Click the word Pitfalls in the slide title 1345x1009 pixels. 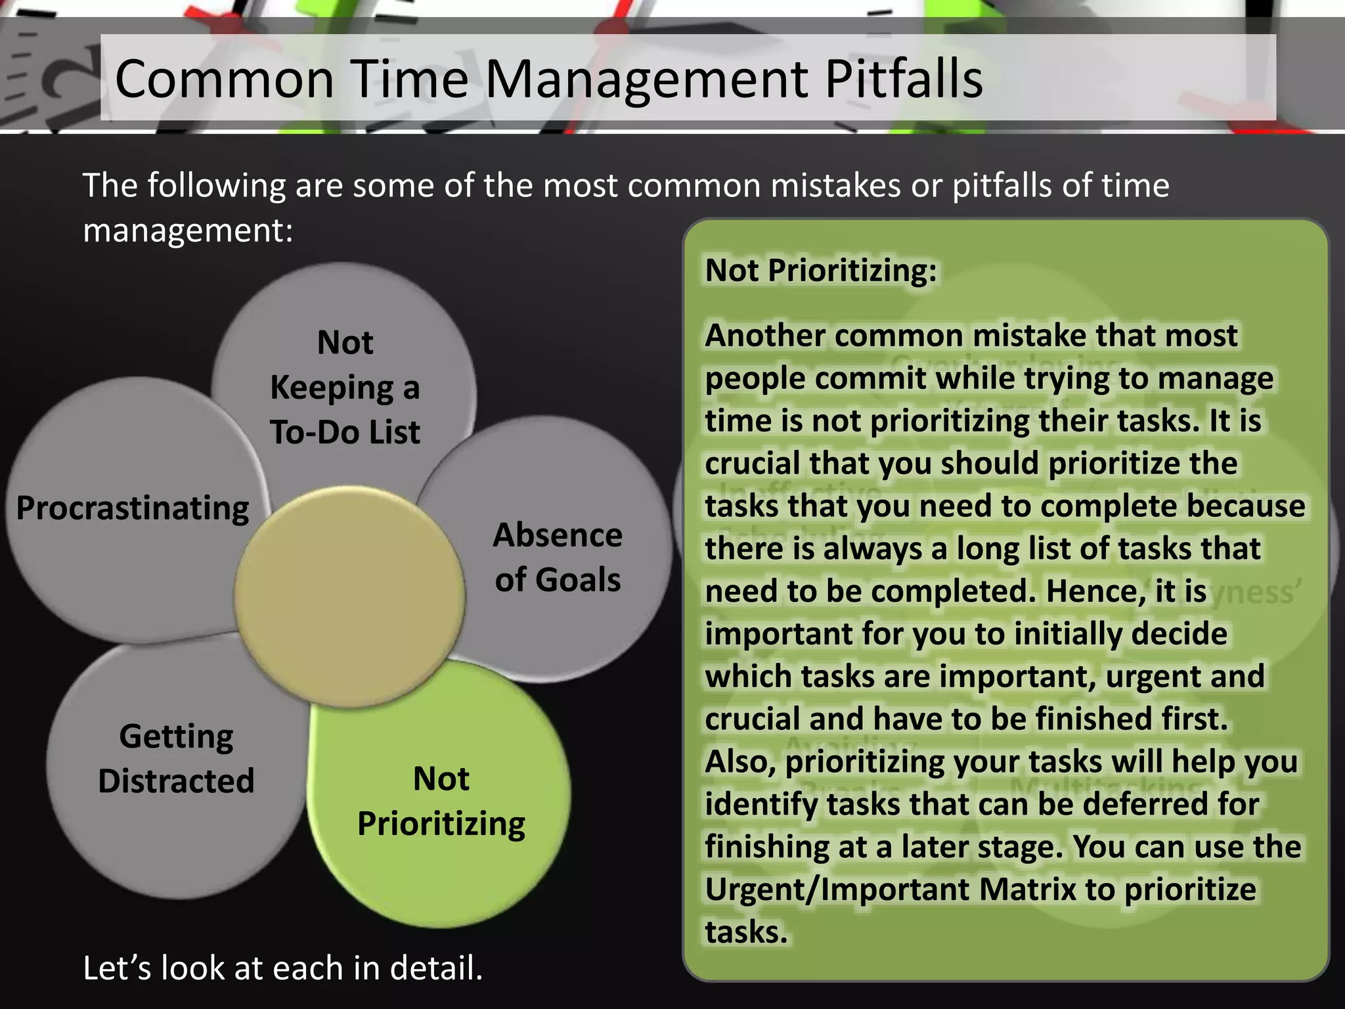pos(903,79)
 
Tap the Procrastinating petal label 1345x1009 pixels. pos(133,508)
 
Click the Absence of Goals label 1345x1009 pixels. pos(557,557)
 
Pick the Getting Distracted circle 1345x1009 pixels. pos(176,758)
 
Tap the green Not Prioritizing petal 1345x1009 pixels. pos(441,801)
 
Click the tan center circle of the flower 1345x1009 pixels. pos(349,596)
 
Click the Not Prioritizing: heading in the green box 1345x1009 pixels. pos(821,270)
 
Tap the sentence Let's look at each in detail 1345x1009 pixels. pos(282,968)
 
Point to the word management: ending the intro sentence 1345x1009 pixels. pos(188,231)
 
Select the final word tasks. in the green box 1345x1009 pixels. pos(746,932)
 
